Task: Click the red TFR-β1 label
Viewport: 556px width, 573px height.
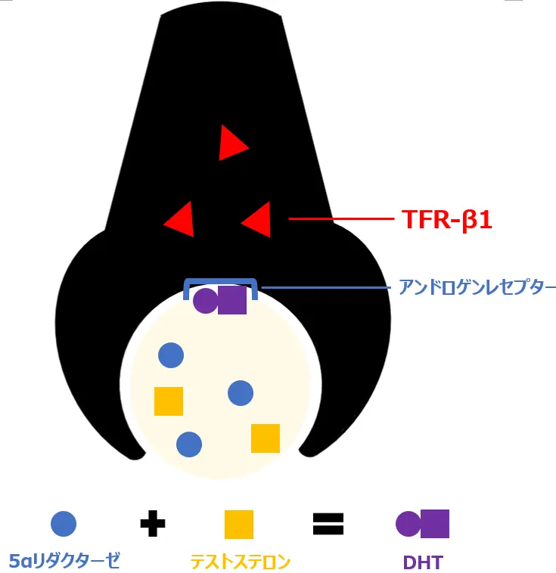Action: [x=447, y=219]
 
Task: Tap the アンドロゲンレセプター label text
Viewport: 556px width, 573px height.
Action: [x=477, y=287]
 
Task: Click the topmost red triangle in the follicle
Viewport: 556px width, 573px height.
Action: [x=231, y=143]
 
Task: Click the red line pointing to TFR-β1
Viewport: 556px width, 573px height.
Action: [x=340, y=219]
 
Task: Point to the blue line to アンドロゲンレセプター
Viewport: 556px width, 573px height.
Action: [x=325, y=287]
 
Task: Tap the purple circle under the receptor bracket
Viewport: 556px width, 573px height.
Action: [x=205, y=300]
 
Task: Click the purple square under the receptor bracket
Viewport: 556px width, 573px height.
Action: [x=232, y=300]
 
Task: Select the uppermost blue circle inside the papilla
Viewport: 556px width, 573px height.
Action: [x=171, y=355]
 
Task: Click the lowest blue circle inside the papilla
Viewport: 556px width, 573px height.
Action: [x=189, y=444]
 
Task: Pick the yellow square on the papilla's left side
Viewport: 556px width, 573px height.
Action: [x=169, y=401]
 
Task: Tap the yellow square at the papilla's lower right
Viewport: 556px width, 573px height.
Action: [x=266, y=438]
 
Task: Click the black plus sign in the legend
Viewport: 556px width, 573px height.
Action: [x=153, y=523]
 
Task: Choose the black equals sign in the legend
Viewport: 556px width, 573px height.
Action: [x=328, y=523]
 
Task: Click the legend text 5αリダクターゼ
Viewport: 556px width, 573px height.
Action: [x=64, y=561]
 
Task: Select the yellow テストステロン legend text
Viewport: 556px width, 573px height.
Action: [x=240, y=562]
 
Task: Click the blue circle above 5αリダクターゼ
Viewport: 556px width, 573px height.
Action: [x=64, y=524]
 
